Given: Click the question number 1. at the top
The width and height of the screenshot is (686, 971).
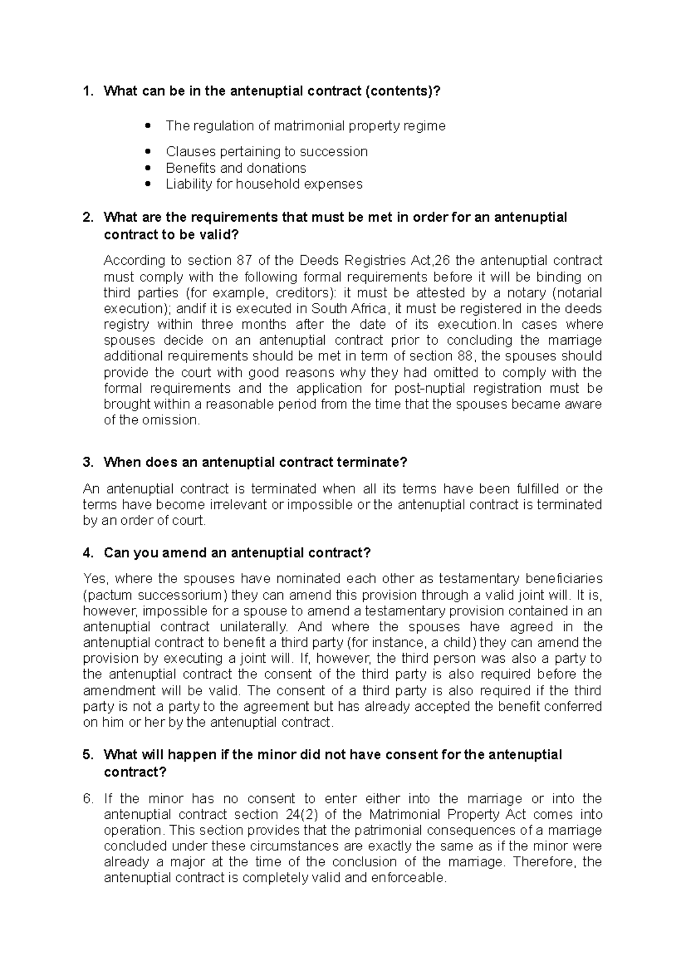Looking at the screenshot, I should click(87, 91).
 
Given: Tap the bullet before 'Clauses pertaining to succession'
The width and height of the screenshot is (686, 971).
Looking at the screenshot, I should click(148, 152).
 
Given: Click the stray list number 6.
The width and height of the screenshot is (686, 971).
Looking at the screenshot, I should click(87, 799).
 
